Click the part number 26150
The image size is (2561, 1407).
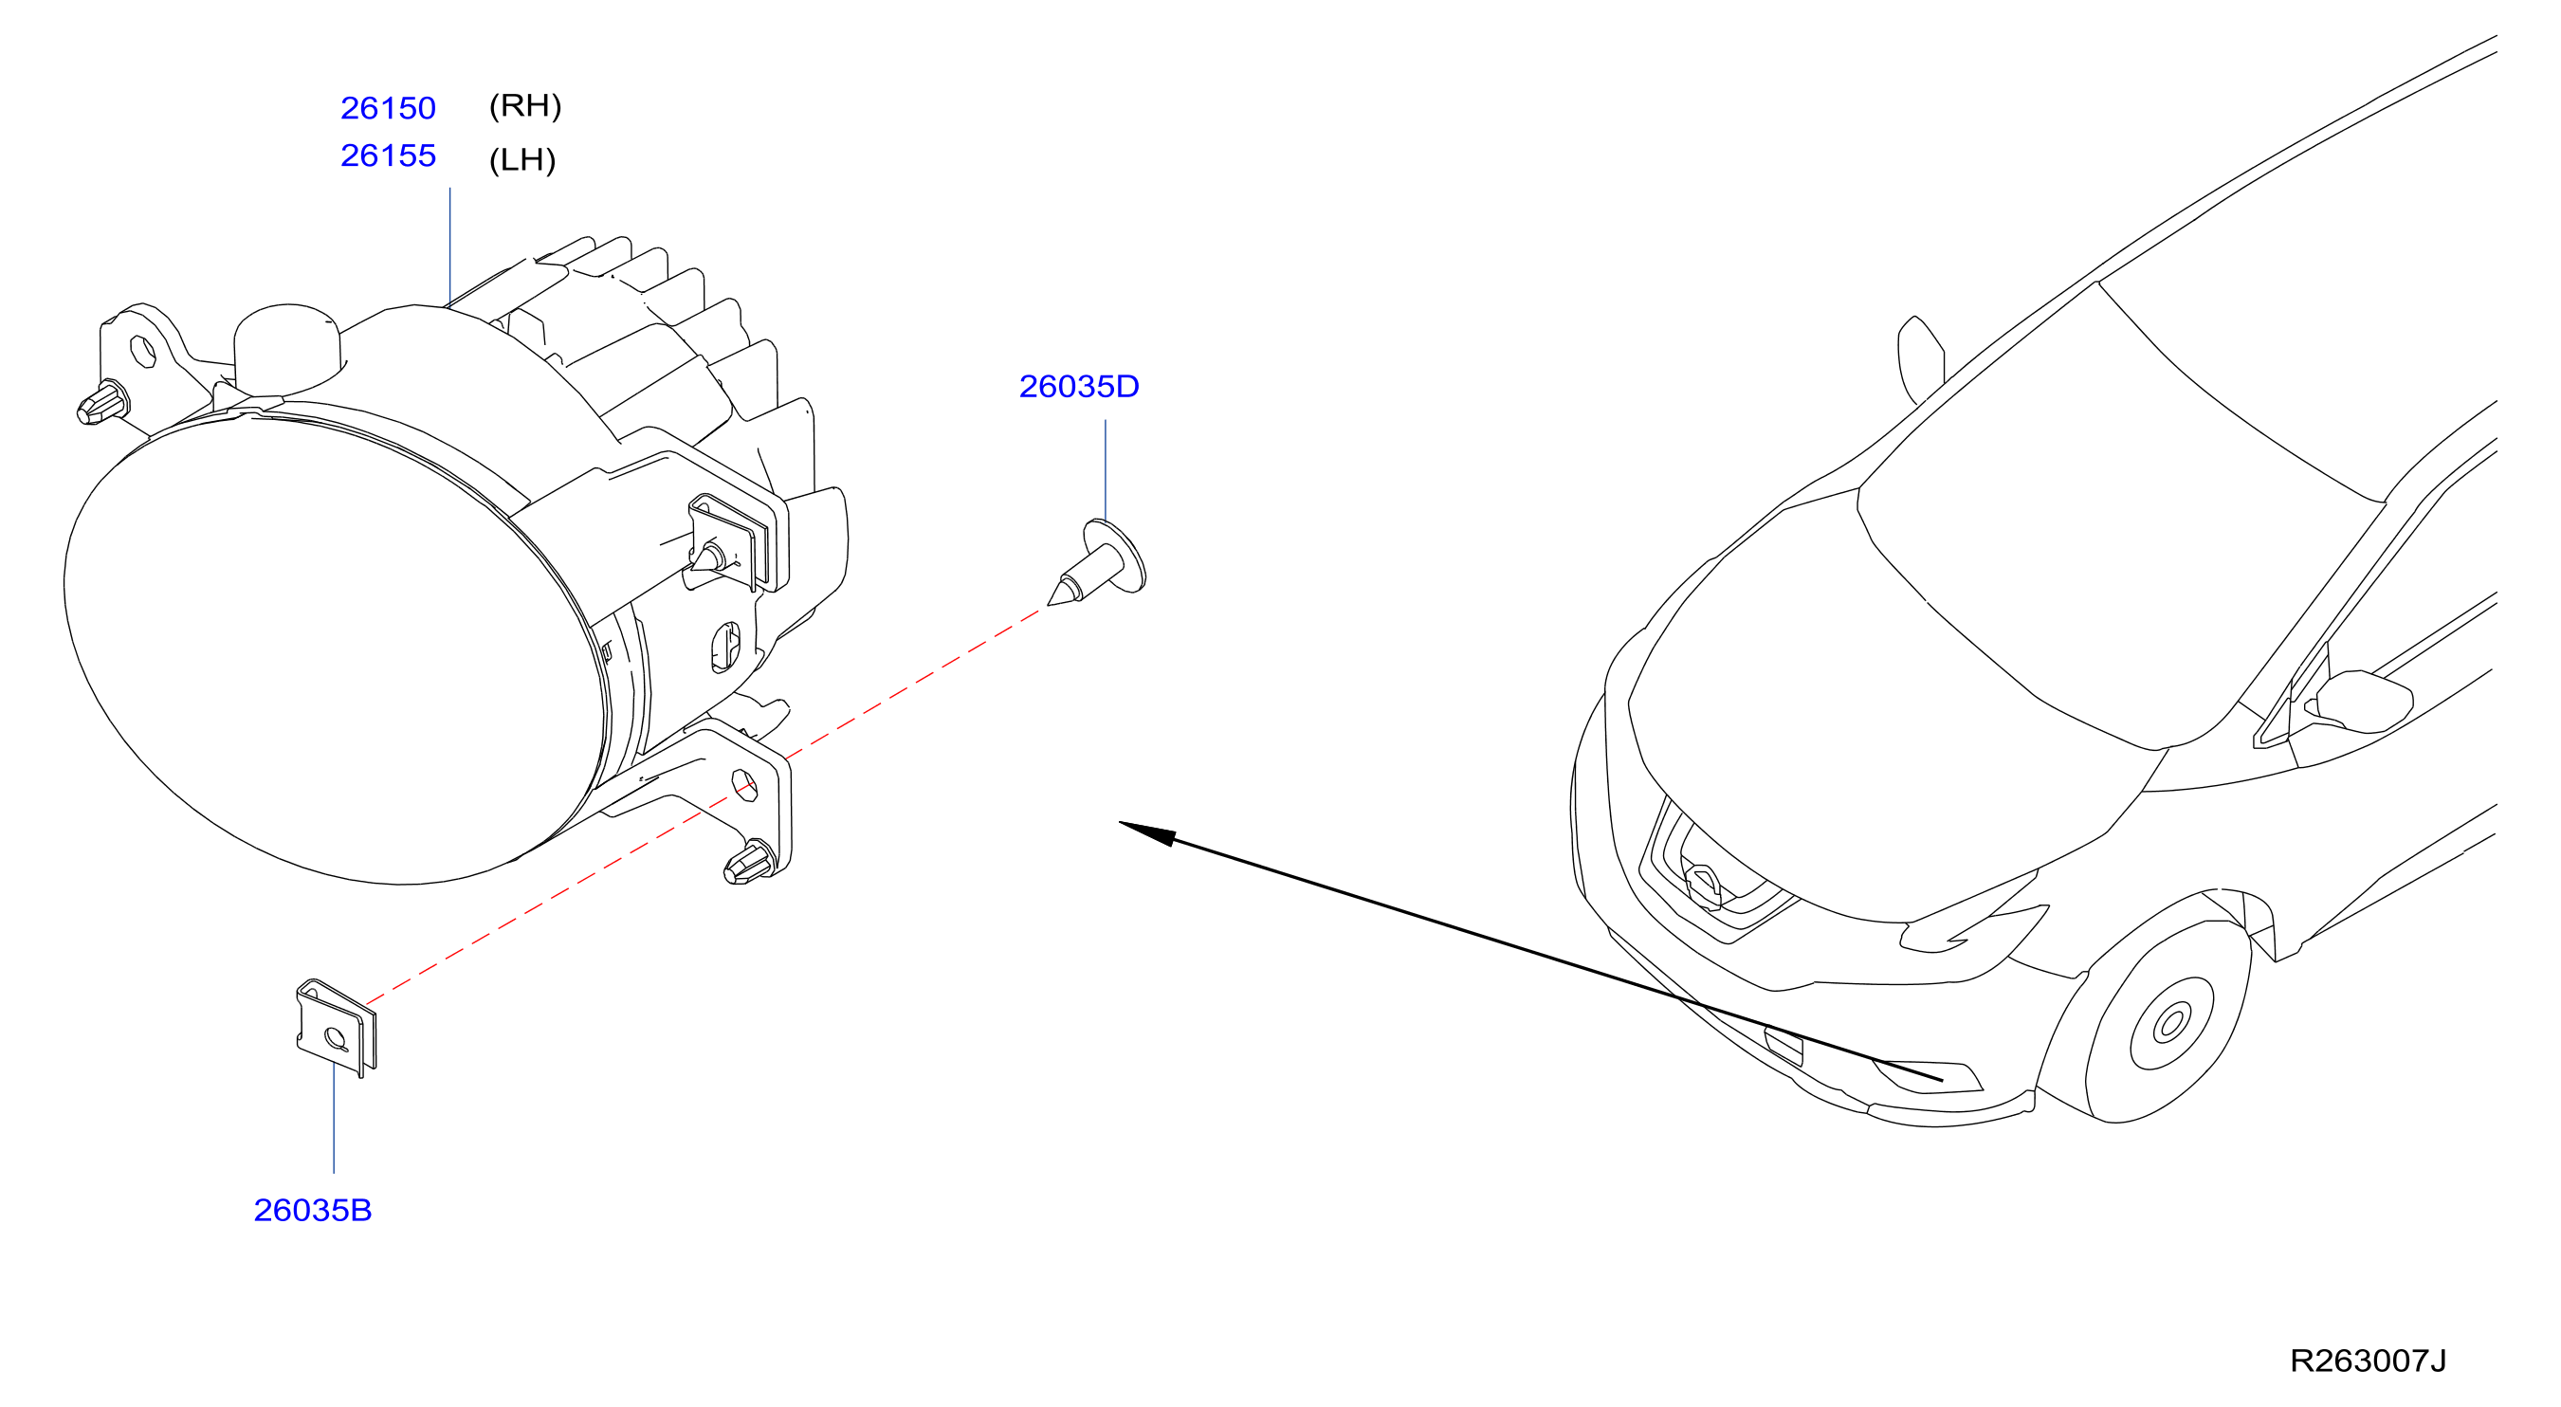point(388,107)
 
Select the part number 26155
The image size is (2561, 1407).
point(388,155)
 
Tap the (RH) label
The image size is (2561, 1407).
point(525,105)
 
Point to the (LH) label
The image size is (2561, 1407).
point(521,159)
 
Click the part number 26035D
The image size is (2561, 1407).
point(1079,386)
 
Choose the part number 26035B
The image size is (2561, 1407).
point(312,1209)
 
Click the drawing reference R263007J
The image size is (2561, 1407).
point(2369,1360)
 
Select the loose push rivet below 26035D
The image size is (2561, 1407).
point(1098,562)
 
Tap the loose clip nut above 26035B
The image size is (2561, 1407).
point(337,1027)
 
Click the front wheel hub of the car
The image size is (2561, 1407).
point(2172,1022)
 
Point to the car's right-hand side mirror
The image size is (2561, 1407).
point(2362,702)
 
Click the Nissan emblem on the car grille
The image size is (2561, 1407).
point(1704,886)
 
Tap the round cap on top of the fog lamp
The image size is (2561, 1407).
point(288,348)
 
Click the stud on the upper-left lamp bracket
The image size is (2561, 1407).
point(102,403)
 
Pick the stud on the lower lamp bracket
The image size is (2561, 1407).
point(750,862)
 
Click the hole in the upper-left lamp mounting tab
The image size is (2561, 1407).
point(144,351)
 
